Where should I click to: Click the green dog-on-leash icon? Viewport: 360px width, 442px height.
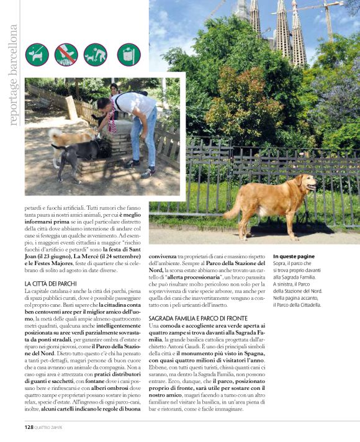pyautogui.click(x=37, y=55)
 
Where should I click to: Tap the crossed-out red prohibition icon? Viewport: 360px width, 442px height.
pyautogui.click(x=66, y=55)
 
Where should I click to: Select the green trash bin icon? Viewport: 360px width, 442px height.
pyautogui.click(x=128, y=55)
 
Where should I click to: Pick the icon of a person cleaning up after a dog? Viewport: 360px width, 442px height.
pyautogui.click(x=96, y=55)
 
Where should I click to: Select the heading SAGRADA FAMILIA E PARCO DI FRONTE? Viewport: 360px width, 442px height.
pyautogui.click(x=202, y=318)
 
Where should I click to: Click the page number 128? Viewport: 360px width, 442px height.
pyautogui.click(x=29, y=427)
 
